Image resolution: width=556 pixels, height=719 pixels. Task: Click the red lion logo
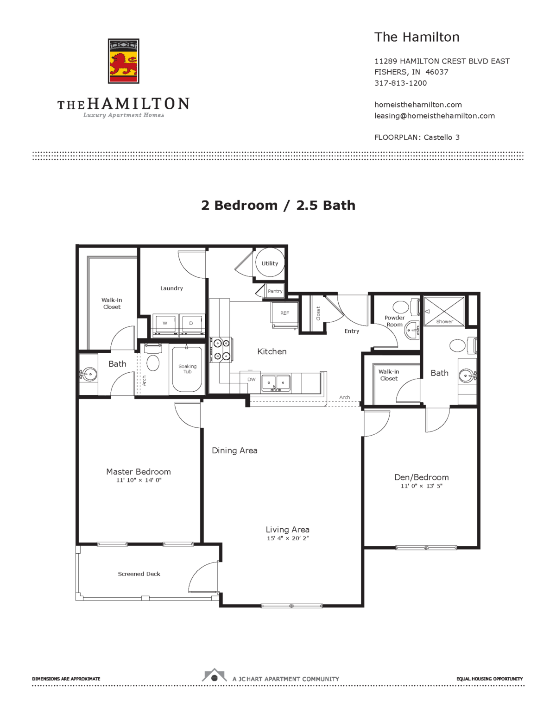click(123, 61)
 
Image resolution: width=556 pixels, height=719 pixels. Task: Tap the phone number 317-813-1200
click(400, 83)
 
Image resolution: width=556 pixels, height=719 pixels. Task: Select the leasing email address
click(434, 116)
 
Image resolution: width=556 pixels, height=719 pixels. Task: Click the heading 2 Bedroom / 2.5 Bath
click(278, 205)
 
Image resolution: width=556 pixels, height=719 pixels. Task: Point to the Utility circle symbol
click(270, 263)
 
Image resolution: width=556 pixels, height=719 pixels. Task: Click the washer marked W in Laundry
click(165, 324)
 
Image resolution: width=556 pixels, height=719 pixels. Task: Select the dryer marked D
click(191, 324)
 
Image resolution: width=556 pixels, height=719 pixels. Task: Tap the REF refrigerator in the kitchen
click(284, 314)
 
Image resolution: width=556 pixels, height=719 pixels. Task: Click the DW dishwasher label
click(251, 380)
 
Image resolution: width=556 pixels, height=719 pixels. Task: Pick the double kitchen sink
click(276, 383)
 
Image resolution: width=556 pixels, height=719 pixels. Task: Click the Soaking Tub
click(187, 369)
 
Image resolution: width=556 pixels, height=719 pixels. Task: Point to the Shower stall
click(444, 311)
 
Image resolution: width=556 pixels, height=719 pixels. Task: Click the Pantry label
click(275, 291)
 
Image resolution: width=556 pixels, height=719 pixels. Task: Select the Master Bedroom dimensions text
click(139, 481)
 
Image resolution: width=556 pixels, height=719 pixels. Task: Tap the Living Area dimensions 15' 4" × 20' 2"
click(287, 538)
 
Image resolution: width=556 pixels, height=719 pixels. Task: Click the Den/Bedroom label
click(421, 477)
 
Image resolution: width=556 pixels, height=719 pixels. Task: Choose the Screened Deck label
click(139, 574)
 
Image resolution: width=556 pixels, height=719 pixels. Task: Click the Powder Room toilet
click(400, 306)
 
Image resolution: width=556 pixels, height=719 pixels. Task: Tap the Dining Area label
click(234, 450)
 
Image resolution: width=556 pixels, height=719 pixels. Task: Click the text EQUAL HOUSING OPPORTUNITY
click(489, 679)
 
